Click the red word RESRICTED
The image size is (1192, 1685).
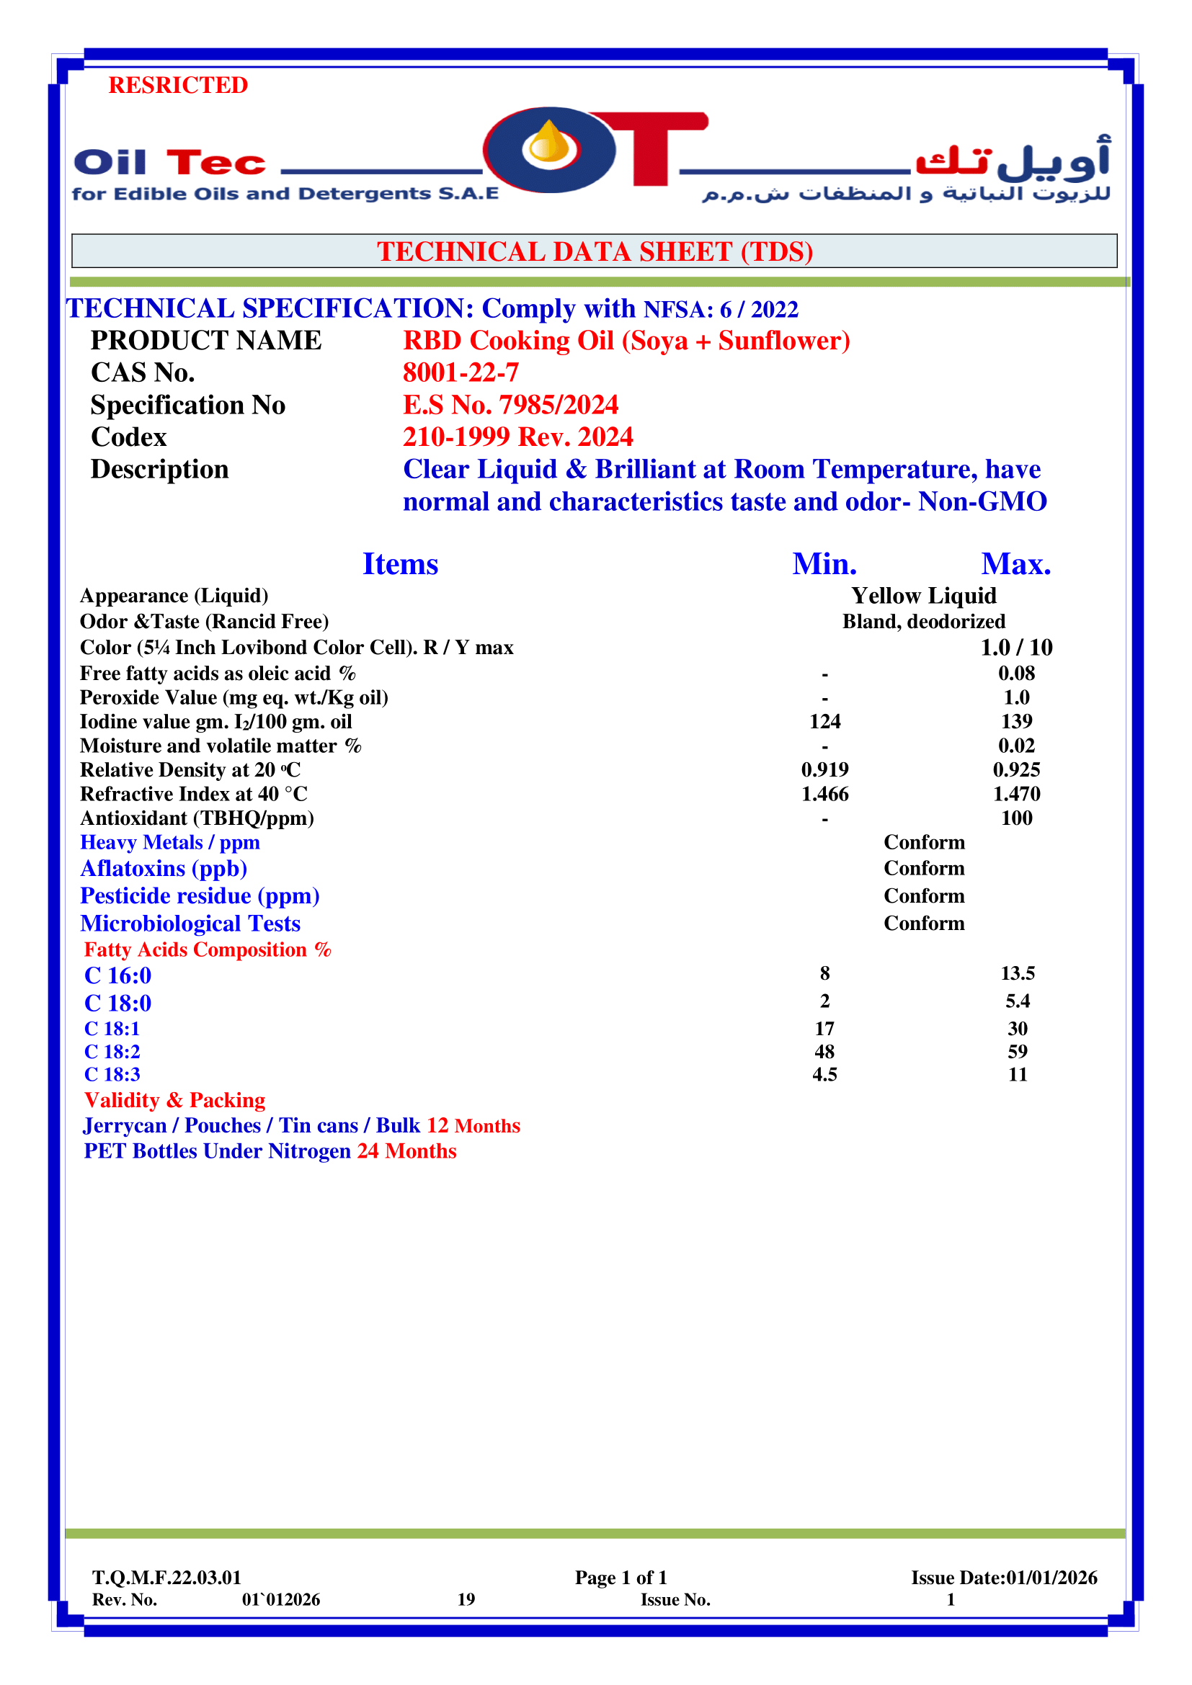(177, 85)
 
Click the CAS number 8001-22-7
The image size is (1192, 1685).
(461, 373)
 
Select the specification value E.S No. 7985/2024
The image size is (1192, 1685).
(510, 405)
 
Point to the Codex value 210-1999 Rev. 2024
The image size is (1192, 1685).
(517, 437)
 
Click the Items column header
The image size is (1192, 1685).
(400, 564)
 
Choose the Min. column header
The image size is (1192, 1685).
(824, 564)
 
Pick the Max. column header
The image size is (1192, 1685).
(1016, 564)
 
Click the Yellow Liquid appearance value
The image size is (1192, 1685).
(923, 596)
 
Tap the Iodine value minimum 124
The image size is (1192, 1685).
(824, 721)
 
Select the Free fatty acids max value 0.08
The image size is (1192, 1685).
(1016, 673)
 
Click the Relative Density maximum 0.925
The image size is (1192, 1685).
(1016, 770)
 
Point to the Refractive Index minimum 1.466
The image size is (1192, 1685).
(824, 794)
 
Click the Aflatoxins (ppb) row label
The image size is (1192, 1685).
(164, 869)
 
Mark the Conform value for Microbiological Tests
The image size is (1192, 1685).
(923, 924)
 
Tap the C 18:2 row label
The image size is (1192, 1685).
(112, 1052)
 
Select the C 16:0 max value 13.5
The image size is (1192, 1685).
(1018, 973)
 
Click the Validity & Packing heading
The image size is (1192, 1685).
(174, 1100)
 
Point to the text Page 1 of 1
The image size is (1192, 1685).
(621, 1578)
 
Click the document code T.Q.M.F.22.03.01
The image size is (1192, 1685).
(166, 1578)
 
